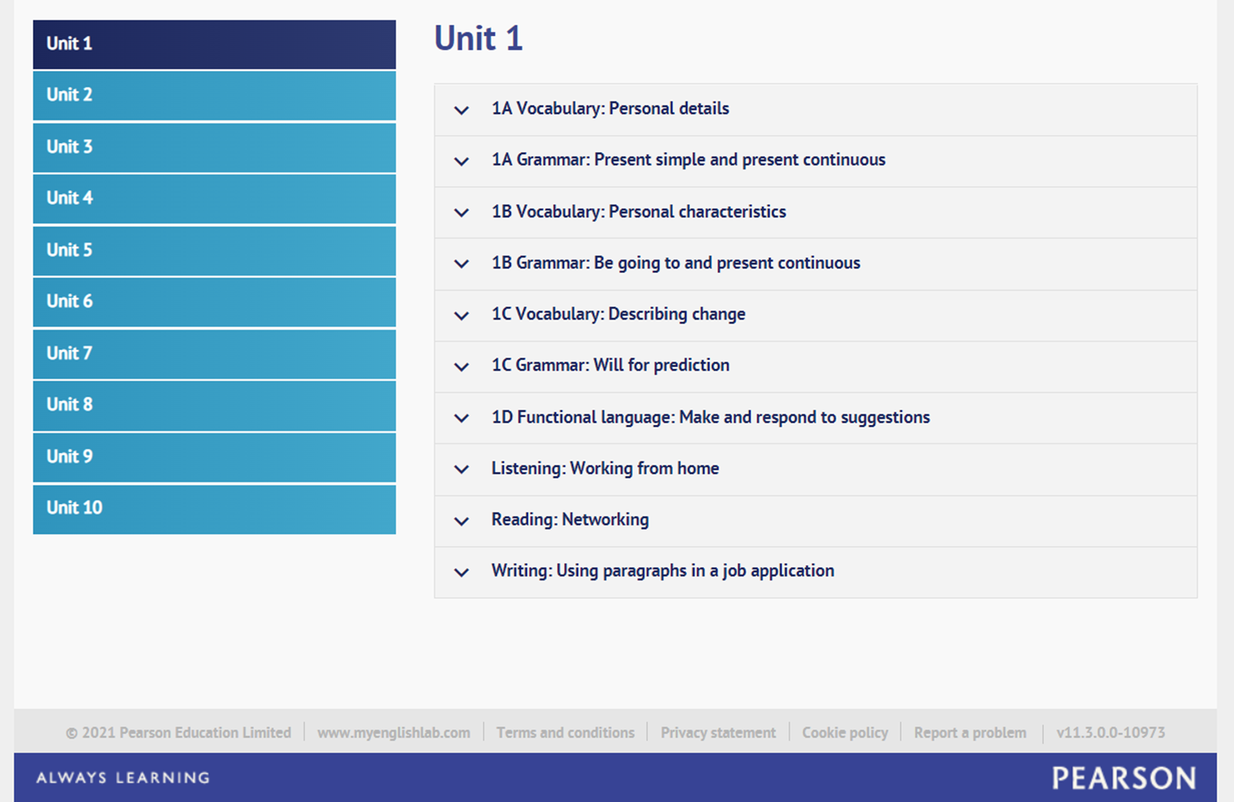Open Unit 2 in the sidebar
(214, 96)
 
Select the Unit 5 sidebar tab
(214, 251)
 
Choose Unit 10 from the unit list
(214, 509)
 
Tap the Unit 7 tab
(214, 354)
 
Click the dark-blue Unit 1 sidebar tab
(214, 44)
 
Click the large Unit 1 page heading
(478, 39)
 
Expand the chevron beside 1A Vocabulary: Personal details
(461, 110)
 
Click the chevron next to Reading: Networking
(461, 521)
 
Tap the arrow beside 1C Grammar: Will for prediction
(461, 367)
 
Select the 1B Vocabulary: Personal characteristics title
(639, 212)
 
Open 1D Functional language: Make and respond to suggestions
(710, 417)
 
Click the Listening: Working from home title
(605, 469)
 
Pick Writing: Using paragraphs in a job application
(663, 571)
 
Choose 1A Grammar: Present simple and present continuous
(689, 160)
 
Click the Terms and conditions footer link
(565, 733)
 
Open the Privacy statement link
(718, 733)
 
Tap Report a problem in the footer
(970, 733)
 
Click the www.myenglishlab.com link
(393, 733)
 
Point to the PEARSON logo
(1124, 778)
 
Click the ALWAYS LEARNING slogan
(123, 778)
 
